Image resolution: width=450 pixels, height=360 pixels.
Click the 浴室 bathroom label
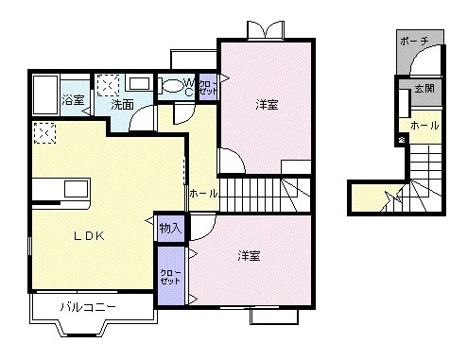pyautogui.click(x=75, y=98)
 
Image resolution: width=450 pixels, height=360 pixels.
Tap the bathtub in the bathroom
pyautogui.click(x=44, y=95)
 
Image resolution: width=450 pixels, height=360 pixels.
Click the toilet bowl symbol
pyautogui.click(x=173, y=86)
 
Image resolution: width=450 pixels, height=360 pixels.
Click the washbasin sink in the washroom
pyautogui.click(x=138, y=83)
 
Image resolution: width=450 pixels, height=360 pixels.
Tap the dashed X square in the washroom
pyautogui.click(x=107, y=84)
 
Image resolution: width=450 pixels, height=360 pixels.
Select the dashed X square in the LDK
pyautogui.click(x=43, y=133)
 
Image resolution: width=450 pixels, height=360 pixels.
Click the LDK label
pyautogui.click(x=82, y=236)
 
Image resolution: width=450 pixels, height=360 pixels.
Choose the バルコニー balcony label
pyautogui.click(x=89, y=307)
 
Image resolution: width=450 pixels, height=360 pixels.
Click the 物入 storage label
pyautogui.click(x=171, y=228)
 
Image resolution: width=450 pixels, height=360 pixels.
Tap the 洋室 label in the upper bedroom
pyautogui.click(x=266, y=104)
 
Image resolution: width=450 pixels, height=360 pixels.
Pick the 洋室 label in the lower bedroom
pyautogui.click(x=250, y=256)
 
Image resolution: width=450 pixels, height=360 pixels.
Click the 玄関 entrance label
pyautogui.click(x=424, y=90)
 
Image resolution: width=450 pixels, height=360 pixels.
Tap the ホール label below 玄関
pyautogui.click(x=424, y=125)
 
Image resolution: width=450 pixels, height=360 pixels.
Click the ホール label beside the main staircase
pyautogui.click(x=203, y=193)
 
